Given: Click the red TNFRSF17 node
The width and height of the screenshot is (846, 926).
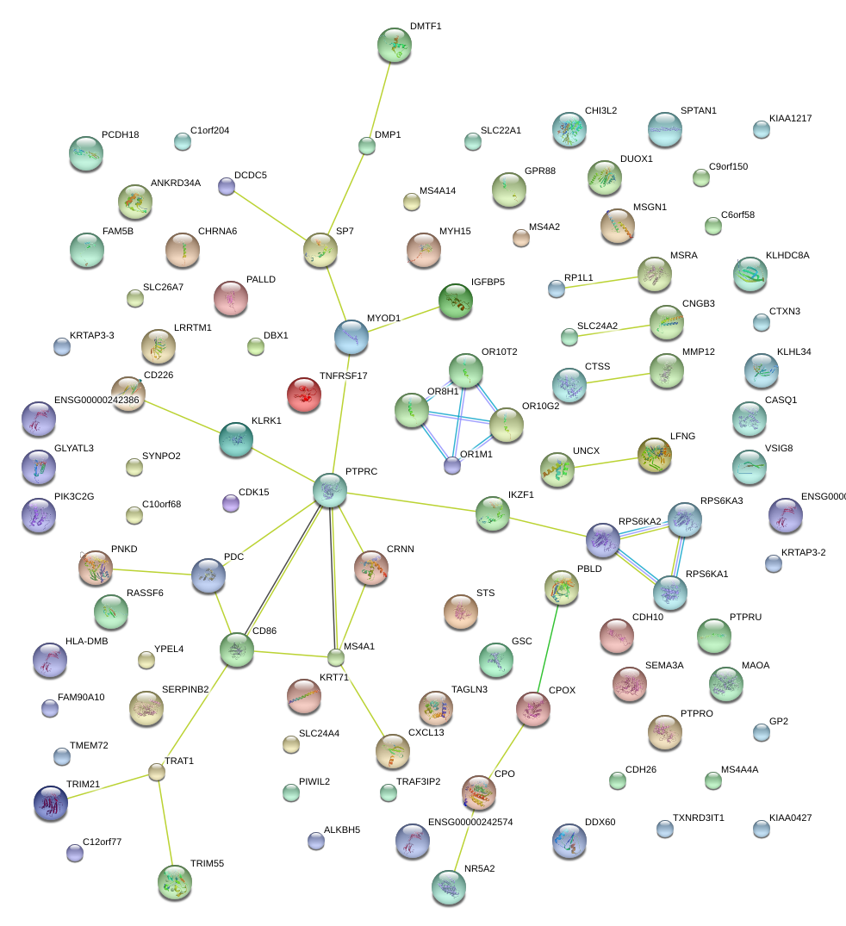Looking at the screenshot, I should coord(303,394).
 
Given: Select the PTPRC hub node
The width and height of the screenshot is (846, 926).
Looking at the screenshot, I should coord(329,489).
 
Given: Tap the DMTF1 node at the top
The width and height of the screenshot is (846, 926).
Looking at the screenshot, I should coord(395,45).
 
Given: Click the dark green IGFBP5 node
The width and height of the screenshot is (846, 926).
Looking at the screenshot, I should coord(456,301).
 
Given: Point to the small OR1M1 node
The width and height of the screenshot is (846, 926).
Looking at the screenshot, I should coord(452,466).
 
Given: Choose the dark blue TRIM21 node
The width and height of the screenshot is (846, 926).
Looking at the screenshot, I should coord(50,803).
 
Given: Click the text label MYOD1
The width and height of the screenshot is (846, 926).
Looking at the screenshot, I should coord(383,319).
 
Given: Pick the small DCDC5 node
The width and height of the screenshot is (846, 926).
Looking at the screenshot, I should coord(226,185).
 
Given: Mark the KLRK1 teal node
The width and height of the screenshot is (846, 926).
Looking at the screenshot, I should coord(236,438).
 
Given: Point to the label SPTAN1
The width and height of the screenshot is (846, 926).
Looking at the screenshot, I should coord(698,111).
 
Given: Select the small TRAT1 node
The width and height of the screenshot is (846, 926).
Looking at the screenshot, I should coord(156,773).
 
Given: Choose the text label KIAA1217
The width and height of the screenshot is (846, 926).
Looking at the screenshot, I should coord(790,118).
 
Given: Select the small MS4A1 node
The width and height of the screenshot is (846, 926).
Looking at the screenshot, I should coord(335,658).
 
